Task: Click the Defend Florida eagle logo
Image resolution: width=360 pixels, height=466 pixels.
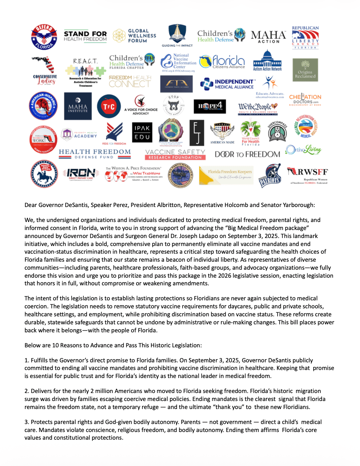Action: pos(44,37)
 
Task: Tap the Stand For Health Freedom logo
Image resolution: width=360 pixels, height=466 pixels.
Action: pos(85,36)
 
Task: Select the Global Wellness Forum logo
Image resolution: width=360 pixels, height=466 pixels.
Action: pos(135,36)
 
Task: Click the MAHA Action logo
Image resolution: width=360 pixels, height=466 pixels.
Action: pos(268,36)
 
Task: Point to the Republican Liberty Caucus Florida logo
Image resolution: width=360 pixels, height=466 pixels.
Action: pos(305,37)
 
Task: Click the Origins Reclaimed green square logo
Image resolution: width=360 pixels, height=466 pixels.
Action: pos(305,70)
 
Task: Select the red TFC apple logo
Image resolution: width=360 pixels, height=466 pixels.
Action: pos(109,106)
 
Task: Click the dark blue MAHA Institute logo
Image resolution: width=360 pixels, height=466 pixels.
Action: pos(78,106)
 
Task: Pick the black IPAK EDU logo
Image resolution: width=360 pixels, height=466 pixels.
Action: pos(142,133)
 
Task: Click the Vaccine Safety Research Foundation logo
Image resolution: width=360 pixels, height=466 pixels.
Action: pos(175,154)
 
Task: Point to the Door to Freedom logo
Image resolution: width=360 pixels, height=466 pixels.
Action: pos(247,154)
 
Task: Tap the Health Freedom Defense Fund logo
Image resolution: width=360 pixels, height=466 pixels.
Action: pos(95,154)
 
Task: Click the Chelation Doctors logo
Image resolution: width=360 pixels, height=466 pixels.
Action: pos(305,99)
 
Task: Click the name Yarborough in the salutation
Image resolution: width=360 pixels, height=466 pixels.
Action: pos(298,205)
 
